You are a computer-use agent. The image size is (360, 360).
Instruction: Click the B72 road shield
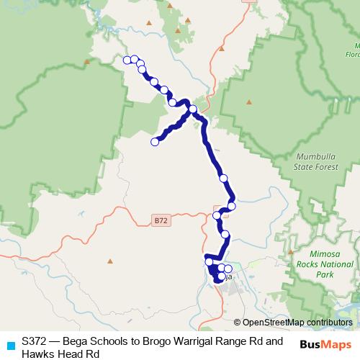click(161, 221)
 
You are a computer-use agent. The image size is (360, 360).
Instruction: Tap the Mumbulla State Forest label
click(320, 162)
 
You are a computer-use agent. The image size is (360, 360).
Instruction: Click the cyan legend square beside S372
click(9, 345)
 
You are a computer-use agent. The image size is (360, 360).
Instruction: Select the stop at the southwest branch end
click(154, 142)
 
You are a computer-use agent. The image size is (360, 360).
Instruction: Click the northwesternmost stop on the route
click(127, 60)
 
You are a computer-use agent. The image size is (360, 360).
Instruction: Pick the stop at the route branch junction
click(192, 109)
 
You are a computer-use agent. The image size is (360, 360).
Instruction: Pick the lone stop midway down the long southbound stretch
click(223, 178)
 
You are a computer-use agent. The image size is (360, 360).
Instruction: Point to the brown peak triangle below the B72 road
click(109, 261)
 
